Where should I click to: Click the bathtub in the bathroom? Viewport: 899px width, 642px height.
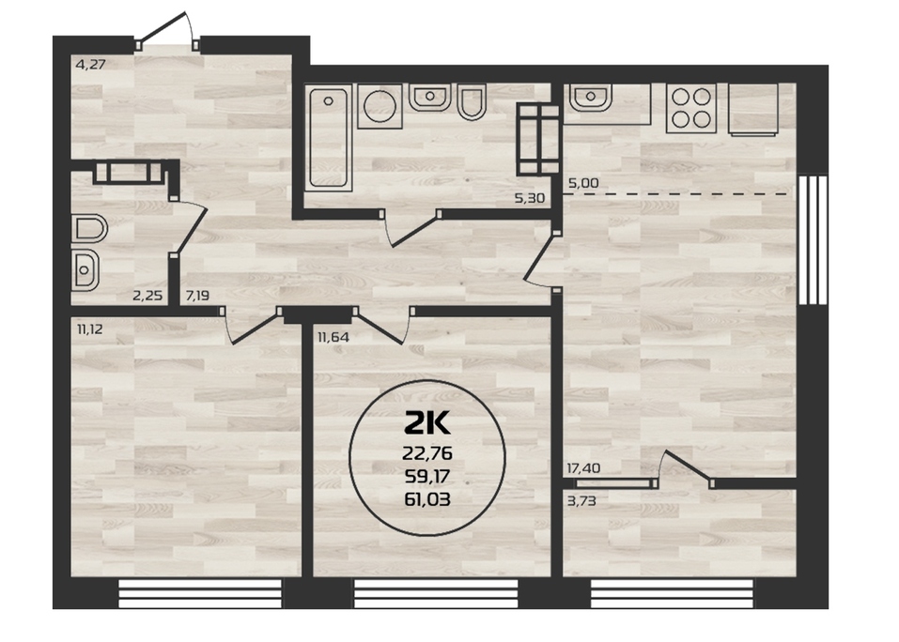pyautogui.click(x=329, y=137)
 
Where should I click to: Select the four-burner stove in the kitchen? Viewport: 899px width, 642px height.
pyautogui.click(x=690, y=108)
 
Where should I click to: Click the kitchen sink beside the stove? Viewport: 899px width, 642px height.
pyautogui.click(x=591, y=98)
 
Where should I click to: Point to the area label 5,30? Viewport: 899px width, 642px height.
pyautogui.click(x=529, y=199)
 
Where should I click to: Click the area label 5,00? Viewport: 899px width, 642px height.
pyautogui.click(x=583, y=183)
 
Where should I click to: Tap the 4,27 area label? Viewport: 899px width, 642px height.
pyautogui.click(x=90, y=64)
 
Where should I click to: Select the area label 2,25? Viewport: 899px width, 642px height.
pyautogui.click(x=147, y=296)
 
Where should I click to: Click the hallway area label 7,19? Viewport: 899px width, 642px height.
pyautogui.click(x=197, y=296)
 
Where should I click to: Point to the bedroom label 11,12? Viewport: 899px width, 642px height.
pyautogui.click(x=89, y=329)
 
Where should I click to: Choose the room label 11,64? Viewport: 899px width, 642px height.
pyautogui.click(x=333, y=337)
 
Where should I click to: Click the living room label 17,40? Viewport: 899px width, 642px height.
pyautogui.click(x=583, y=468)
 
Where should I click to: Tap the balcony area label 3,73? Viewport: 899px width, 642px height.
pyautogui.click(x=581, y=501)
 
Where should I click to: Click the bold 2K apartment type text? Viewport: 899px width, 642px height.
pyautogui.click(x=427, y=424)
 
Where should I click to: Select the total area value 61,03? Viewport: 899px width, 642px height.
pyautogui.click(x=427, y=499)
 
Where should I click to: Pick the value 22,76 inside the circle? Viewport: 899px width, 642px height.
pyautogui.click(x=427, y=453)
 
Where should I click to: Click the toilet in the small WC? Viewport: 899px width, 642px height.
pyautogui.click(x=89, y=229)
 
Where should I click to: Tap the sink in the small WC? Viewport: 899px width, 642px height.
pyautogui.click(x=85, y=269)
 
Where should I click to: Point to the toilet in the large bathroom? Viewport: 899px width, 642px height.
pyautogui.click(x=472, y=102)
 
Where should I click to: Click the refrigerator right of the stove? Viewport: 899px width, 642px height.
pyautogui.click(x=752, y=110)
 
